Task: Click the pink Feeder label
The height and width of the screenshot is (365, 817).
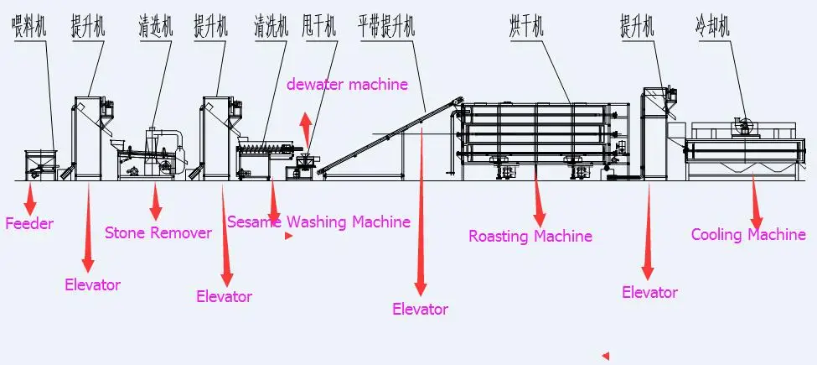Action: (x=29, y=224)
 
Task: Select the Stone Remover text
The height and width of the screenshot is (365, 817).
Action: (x=158, y=233)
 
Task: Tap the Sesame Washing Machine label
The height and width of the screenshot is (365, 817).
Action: (x=318, y=222)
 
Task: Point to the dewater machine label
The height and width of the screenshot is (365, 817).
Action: (x=347, y=84)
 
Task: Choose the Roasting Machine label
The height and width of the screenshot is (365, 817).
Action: (x=530, y=237)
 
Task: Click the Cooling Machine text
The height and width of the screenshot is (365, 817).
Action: (x=748, y=235)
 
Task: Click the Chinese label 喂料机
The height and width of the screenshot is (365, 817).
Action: (x=29, y=27)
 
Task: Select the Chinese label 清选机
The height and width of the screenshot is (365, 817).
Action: (x=156, y=27)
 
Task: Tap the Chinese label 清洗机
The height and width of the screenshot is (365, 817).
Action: (x=271, y=27)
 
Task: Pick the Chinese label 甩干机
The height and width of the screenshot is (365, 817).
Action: (x=319, y=27)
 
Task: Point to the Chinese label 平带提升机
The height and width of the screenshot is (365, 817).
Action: (x=385, y=27)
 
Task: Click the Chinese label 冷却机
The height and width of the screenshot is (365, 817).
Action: (x=712, y=27)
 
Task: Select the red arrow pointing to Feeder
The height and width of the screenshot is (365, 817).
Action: (x=31, y=199)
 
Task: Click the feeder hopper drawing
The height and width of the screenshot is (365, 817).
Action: (x=39, y=161)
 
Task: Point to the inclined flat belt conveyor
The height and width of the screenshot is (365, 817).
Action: (x=385, y=138)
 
